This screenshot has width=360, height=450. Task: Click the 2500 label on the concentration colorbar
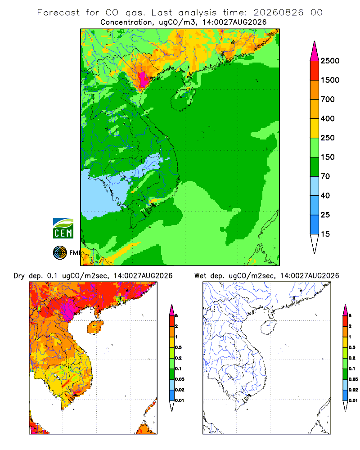330,61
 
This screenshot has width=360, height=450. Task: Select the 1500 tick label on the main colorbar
330,80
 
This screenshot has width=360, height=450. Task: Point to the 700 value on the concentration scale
328,99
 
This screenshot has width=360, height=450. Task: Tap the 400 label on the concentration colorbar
328,118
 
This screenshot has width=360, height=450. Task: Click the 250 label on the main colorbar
328,138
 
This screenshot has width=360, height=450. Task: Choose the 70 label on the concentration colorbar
325,176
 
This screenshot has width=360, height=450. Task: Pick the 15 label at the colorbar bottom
325,234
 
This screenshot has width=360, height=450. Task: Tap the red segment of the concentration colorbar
315,71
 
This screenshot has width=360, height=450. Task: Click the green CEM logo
63,229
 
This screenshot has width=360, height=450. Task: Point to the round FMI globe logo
60,253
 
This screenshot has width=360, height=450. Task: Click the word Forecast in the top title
58,13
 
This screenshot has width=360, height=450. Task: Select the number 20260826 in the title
278,13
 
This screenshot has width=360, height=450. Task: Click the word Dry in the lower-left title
19,276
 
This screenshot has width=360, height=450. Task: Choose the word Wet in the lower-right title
200,276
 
